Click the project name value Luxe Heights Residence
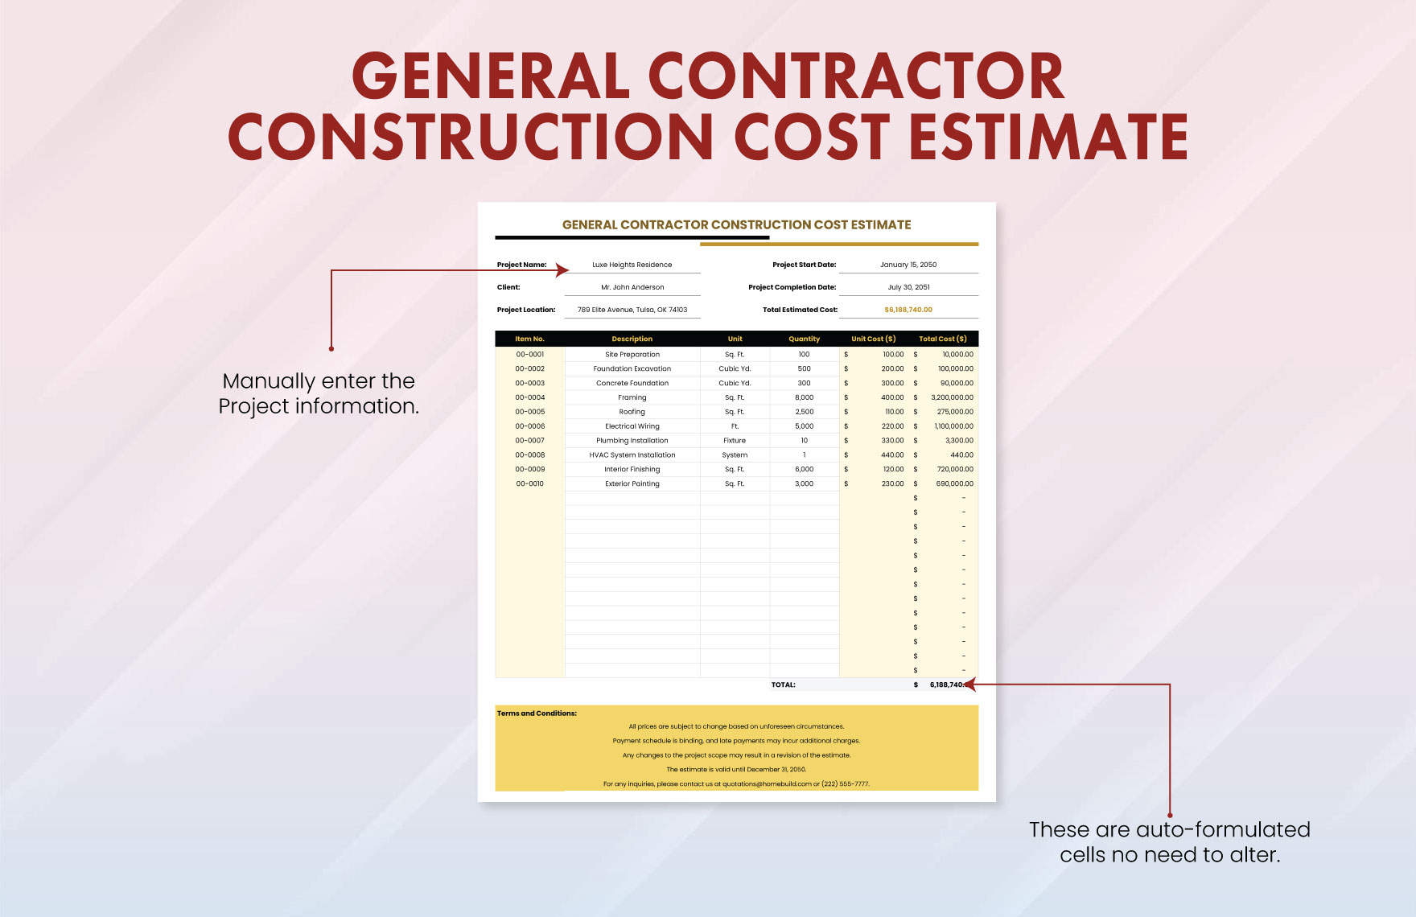tap(632, 265)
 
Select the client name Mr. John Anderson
tap(632, 287)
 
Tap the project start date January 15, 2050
tap(908, 265)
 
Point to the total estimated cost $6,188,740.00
tap(908, 310)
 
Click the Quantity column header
tap(804, 339)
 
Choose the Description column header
tap(632, 339)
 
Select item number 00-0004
tap(530, 397)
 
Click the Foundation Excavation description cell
tap(632, 368)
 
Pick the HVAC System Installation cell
tap(632, 455)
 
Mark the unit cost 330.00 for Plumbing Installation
tap(892, 441)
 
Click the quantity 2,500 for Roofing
tap(804, 412)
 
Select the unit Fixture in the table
tap(735, 441)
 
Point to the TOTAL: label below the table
tap(783, 685)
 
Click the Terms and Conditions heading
tap(537, 713)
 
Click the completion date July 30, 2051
tap(908, 287)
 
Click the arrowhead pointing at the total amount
tap(970, 685)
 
